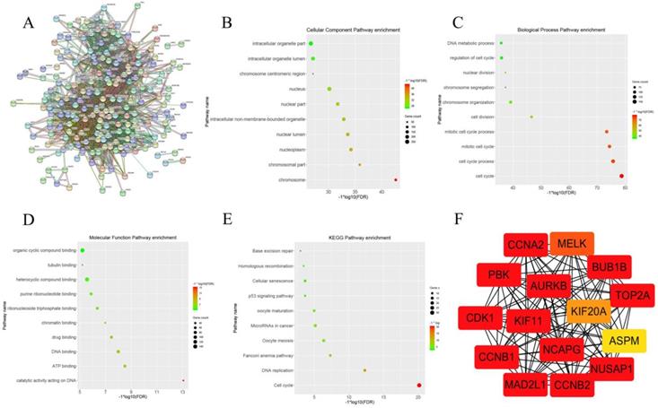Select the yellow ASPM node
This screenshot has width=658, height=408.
620,341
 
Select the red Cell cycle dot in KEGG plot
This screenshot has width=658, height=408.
418,385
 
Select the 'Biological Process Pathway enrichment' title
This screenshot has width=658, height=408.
541,30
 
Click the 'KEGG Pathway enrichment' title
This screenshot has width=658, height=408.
336,237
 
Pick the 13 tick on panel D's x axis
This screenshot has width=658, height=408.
183,393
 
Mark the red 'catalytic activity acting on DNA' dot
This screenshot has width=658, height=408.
183,381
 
